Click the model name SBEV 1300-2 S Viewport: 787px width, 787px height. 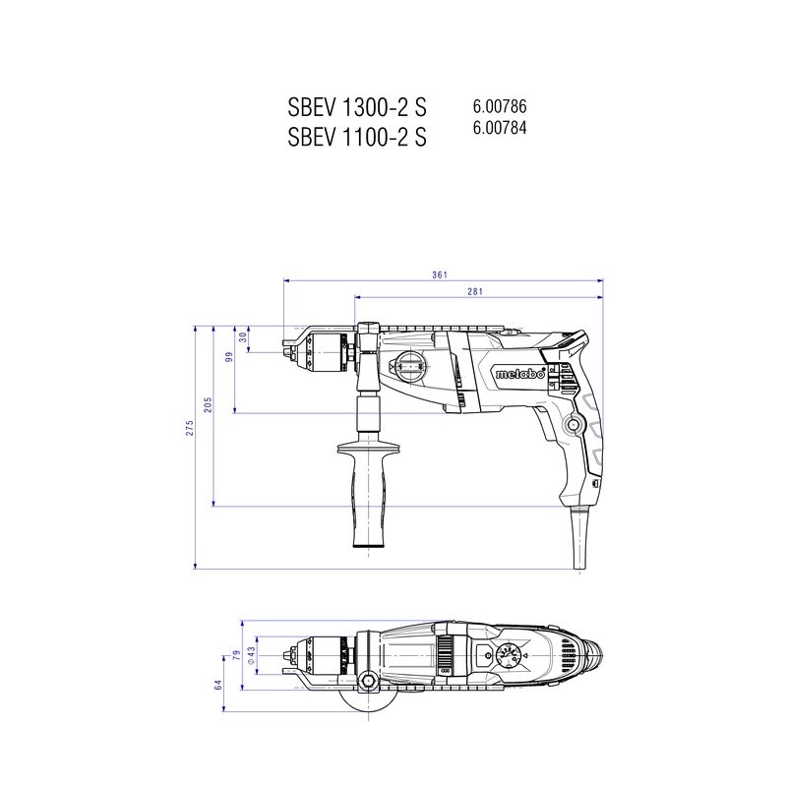tap(357, 107)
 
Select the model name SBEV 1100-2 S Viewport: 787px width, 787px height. tap(357, 137)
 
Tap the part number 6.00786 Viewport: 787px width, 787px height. tap(500, 106)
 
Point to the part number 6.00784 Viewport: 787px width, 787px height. tap(500, 128)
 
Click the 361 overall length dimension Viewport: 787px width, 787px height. tap(440, 274)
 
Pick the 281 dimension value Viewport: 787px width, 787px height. tap(475, 291)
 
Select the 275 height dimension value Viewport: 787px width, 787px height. tap(189, 428)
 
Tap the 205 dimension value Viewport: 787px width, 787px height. tap(208, 404)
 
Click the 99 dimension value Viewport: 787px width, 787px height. tap(229, 357)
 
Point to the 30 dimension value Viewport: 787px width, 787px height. tap(243, 337)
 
